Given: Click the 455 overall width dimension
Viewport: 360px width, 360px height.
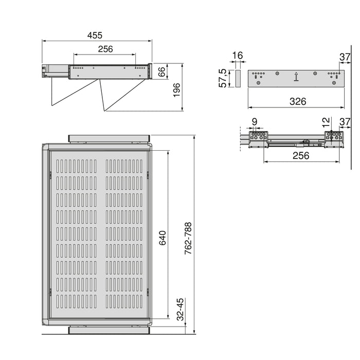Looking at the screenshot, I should (x=95, y=35).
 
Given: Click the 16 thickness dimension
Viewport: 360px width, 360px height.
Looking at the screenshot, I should (x=237, y=56).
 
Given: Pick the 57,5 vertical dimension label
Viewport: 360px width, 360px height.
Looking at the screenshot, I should (x=223, y=79).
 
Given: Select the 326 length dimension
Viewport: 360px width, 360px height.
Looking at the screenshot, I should (x=297, y=101).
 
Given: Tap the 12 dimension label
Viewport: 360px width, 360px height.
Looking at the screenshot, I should (x=325, y=122).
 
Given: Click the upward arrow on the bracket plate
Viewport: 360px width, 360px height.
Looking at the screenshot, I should (x=296, y=78).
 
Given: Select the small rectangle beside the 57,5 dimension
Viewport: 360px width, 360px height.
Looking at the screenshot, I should (x=237, y=79).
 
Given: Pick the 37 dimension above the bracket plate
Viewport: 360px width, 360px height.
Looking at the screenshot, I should (x=344, y=56).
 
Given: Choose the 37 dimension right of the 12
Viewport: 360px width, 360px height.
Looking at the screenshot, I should (x=344, y=122).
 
